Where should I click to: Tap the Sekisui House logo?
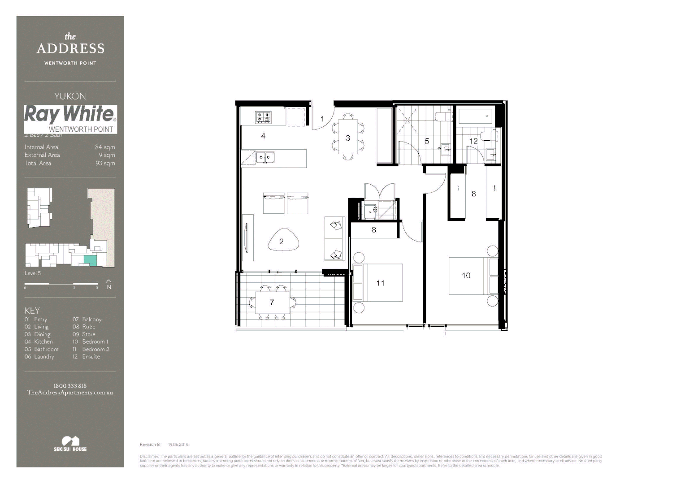coord(70,443)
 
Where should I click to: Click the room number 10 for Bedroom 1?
coord(466,276)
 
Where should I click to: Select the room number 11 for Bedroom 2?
coord(380,283)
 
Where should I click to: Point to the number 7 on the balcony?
coord(272,302)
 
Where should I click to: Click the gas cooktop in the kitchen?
coord(263,117)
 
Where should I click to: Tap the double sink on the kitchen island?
coord(265,157)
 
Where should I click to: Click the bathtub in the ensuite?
coord(476,117)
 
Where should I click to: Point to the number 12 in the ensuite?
coord(473,141)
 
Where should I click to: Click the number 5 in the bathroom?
coord(427,141)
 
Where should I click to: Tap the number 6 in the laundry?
coord(375,210)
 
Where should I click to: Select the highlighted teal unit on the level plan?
coord(90,260)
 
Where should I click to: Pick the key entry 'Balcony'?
coord(91,320)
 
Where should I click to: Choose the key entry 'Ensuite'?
coord(91,357)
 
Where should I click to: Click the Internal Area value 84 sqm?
coord(105,147)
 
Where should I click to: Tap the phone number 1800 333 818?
coord(70,385)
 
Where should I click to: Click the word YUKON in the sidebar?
coord(70,96)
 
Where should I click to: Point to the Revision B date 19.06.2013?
coord(178,445)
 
